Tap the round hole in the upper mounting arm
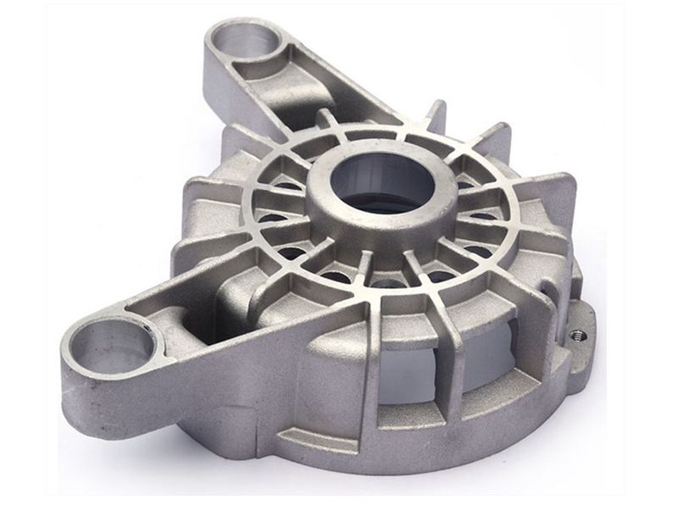(x=244, y=43)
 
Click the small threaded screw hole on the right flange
(x=579, y=334)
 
